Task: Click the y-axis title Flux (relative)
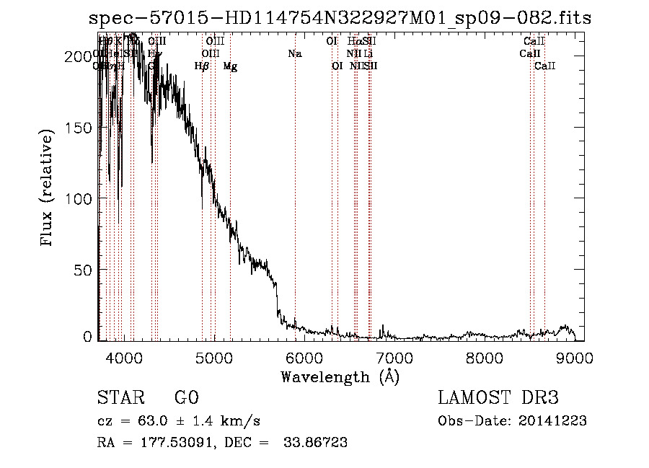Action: coord(48,189)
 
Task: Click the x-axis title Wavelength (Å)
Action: coord(340,376)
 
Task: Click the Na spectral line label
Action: coord(294,53)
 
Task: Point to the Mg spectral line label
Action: coord(230,66)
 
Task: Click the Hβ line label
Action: coord(202,66)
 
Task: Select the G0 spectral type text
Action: coord(186,398)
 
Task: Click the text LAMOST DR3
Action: coord(498,398)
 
